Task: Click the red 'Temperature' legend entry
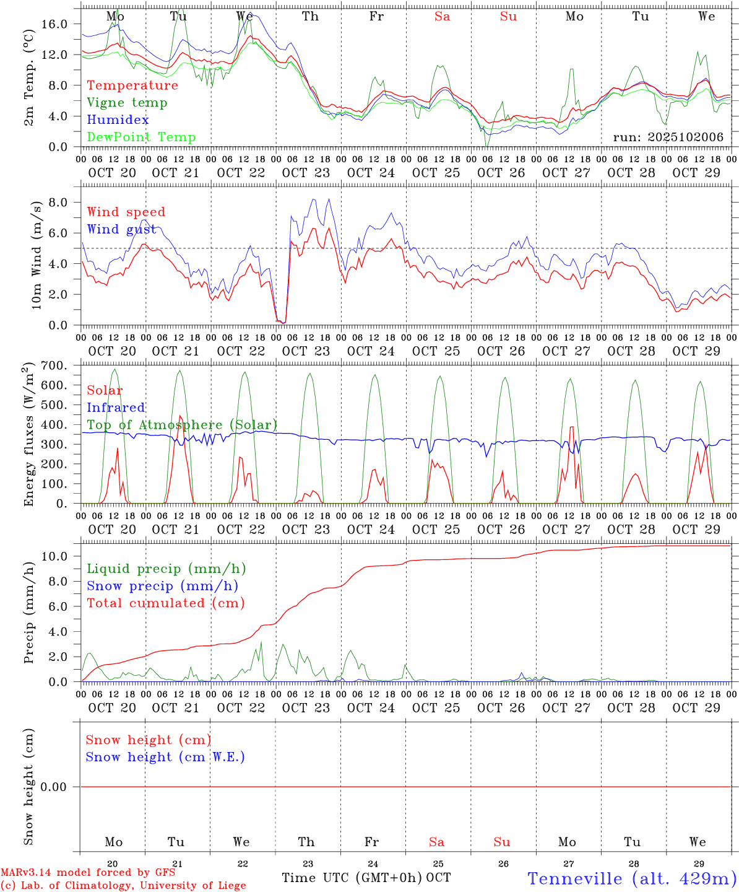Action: [x=132, y=85]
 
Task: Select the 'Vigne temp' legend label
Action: [x=127, y=103]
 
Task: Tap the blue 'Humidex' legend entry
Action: [x=118, y=120]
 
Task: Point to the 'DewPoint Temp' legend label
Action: [x=141, y=138]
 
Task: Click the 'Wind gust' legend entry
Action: [x=121, y=229]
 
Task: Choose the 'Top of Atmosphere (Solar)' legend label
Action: [x=182, y=425]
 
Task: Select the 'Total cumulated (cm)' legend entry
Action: [x=165, y=603]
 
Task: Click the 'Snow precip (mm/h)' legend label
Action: [x=162, y=586]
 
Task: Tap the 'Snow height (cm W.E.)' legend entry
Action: [x=165, y=757]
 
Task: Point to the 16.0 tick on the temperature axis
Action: [x=55, y=24]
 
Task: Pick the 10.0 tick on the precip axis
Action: [x=55, y=556]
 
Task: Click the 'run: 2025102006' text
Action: [x=668, y=138]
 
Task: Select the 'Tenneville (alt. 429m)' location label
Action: [x=632, y=878]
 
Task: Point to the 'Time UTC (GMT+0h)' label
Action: [x=352, y=878]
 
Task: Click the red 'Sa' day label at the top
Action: [x=442, y=17]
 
